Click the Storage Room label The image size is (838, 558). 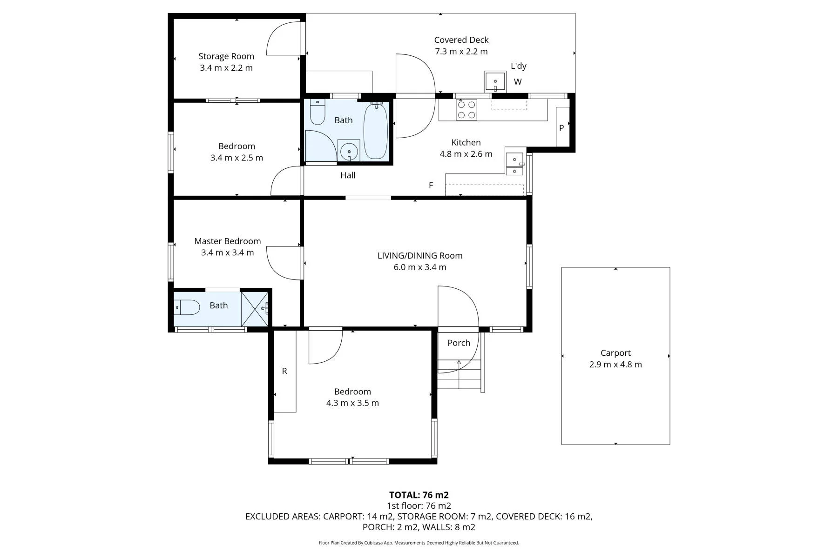click(x=226, y=56)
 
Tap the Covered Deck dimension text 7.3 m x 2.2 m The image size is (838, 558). click(x=461, y=52)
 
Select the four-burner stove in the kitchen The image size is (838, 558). click(x=466, y=110)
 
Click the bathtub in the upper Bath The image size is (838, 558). click(x=375, y=131)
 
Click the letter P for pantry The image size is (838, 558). click(x=561, y=128)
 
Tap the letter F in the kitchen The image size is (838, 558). click(x=431, y=185)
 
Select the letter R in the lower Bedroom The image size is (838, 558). click(x=284, y=371)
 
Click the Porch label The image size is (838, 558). click(x=459, y=343)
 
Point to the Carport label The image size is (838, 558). click(x=615, y=353)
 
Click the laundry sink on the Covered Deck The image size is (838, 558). click(x=495, y=82)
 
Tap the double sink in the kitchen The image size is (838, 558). click(x=514, y=164)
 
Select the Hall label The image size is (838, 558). click(x=348, y=175)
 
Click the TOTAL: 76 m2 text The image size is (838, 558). click(x=419, y=495)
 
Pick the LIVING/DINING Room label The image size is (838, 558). click(x=420, y=256)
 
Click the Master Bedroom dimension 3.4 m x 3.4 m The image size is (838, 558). click(x=228, y=253)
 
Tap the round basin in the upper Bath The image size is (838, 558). click(x=349, y=151)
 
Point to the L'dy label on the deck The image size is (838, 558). click(x=519, y=66)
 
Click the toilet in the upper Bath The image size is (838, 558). click(x=318, y=112)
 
